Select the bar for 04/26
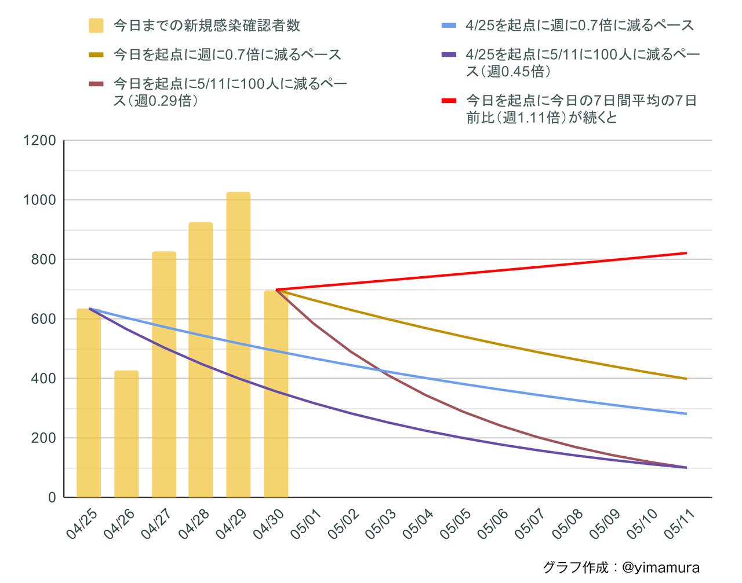126,434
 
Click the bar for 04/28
201,360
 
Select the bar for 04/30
276,394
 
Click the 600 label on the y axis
44,319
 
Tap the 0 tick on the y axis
52,497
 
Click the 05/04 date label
417,525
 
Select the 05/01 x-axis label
305,525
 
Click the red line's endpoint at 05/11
687,253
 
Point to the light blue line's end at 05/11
687,414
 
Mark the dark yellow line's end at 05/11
687,379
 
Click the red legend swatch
449,101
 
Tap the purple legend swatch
449,54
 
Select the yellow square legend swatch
96,25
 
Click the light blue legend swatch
449,25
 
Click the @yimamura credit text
660,567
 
